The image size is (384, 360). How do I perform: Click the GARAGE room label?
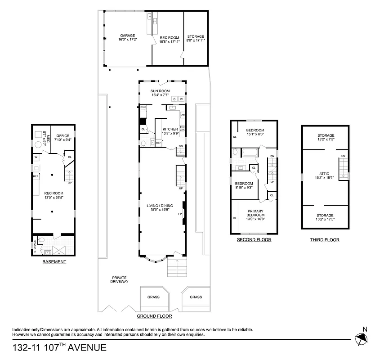point(127,36)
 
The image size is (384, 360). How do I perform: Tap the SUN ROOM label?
point(160,91)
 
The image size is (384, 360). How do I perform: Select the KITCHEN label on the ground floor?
point(170,129)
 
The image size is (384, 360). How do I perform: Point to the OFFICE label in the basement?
point(63,135)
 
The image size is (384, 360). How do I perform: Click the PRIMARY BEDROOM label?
point(255,213)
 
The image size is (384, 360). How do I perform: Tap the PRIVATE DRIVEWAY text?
point(119,279)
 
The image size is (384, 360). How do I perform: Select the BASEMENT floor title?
point(54,262)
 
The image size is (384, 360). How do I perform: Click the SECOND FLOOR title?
point(254,240)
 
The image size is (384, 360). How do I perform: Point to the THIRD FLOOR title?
point(325,240)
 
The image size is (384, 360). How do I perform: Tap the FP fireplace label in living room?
point(180,214)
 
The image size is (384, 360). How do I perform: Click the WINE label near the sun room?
point(143,108)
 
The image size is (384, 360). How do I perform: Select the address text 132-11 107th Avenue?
point(59,347)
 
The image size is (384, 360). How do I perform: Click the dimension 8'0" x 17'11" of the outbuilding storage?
point(196,40)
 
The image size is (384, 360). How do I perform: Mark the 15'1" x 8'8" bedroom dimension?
point(255,134)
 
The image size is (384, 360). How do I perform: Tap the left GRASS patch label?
point(153,297)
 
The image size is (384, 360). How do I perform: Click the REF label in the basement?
point(36,176)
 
